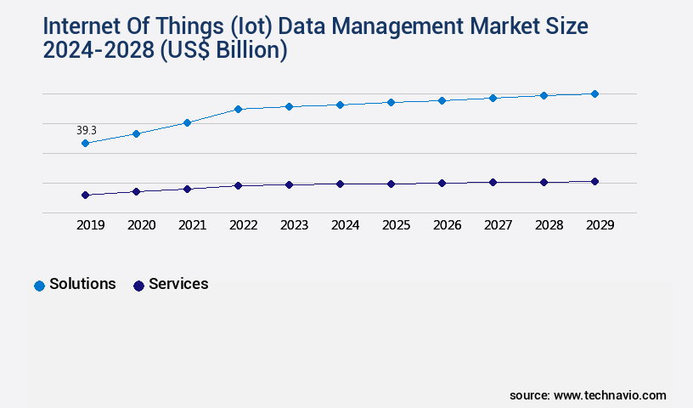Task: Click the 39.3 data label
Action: coord(87,130)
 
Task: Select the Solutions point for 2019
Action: coord(85,144)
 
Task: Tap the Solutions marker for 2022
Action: coord(238,109)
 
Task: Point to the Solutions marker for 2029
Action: coord(594,93)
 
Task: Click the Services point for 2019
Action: coord(85,195)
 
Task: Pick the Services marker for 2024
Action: coord(340,184)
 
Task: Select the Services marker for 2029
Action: coord(594,181)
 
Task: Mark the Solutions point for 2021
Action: coord(187,122)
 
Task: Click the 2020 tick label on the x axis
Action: coord(141,225)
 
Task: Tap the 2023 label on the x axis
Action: coord(294,225)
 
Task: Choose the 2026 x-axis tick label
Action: coord(447,225)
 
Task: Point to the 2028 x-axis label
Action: coord(549,225)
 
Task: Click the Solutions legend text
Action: coord(82,284)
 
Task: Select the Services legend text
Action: coord(178,284)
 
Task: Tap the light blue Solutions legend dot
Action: coord(39,286)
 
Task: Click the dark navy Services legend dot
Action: coord(138,286)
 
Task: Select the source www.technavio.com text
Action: coord(588,395)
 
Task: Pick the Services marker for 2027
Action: coord(493,182)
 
